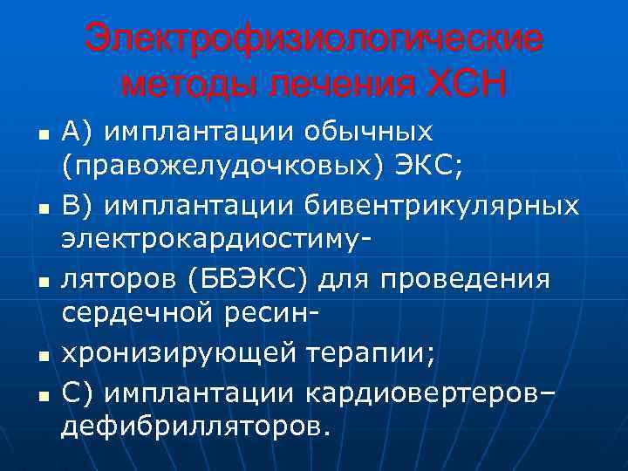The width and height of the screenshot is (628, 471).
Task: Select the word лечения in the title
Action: click(x=345, y=85)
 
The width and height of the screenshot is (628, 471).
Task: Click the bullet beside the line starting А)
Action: click(x=41, y=135)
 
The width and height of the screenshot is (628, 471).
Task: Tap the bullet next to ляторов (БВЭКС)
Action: click(x=41, y=283)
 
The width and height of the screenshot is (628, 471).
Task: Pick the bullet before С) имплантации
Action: click(x=41, y=395)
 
